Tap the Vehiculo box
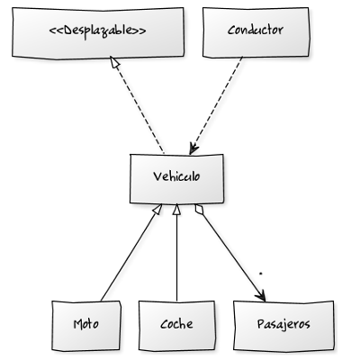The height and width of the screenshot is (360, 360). tap(175, 177)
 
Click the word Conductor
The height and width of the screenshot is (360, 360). tap(256, 31)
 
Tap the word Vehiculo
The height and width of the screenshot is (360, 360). tap(175, 176)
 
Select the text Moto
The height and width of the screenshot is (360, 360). tap(86, 322)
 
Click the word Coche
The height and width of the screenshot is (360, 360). tap(177, 322)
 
